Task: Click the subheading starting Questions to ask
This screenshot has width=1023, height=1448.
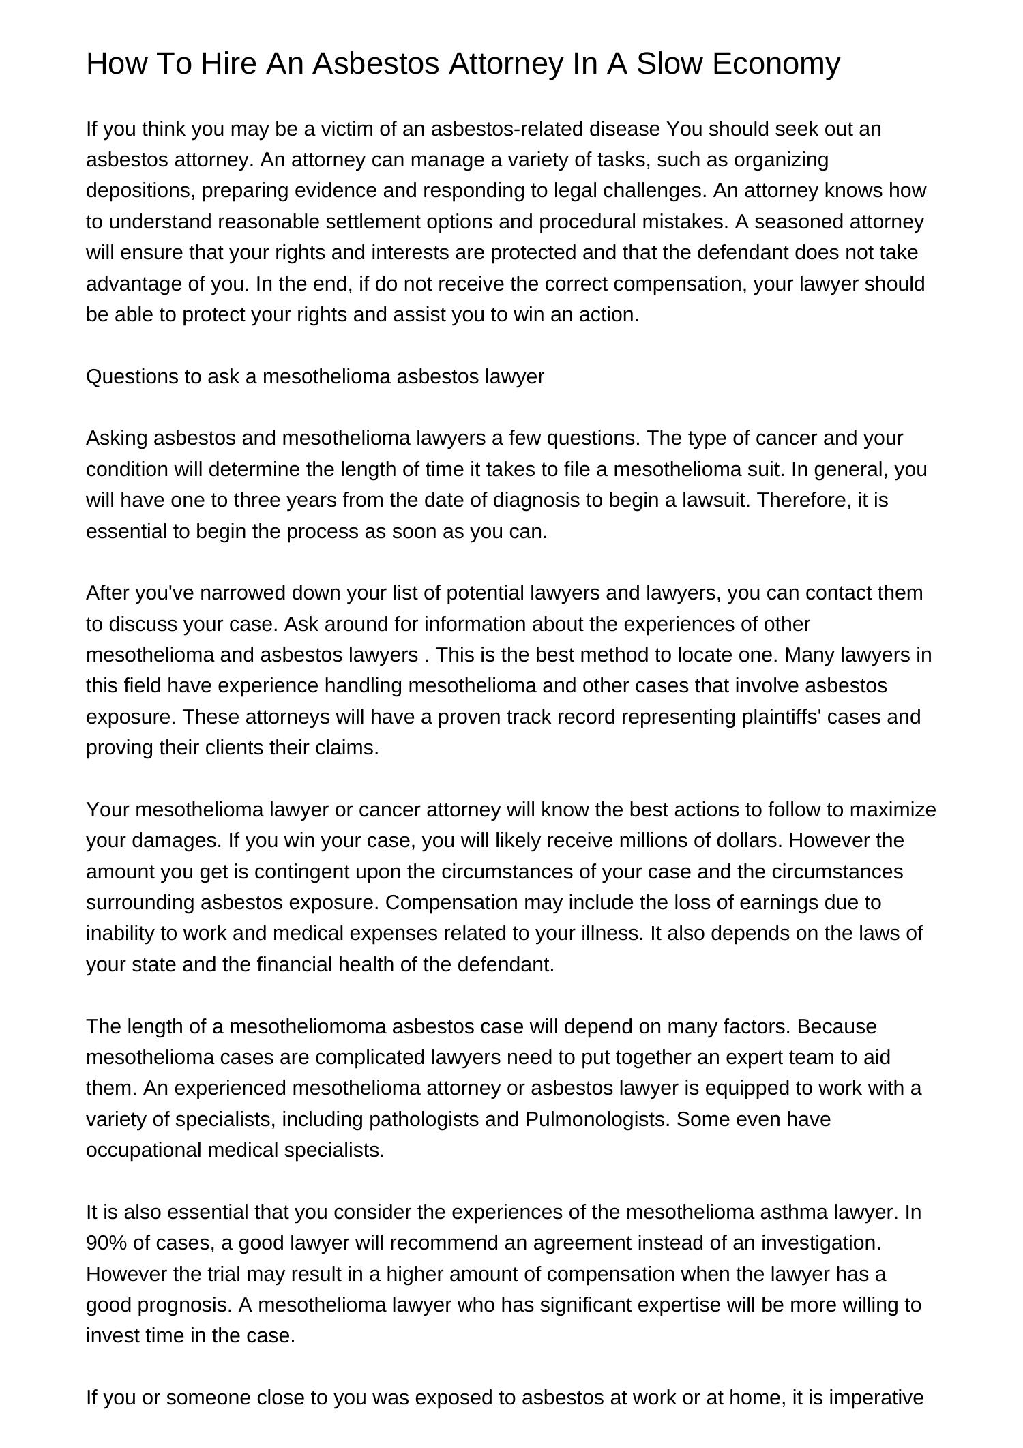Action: [315, 376]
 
